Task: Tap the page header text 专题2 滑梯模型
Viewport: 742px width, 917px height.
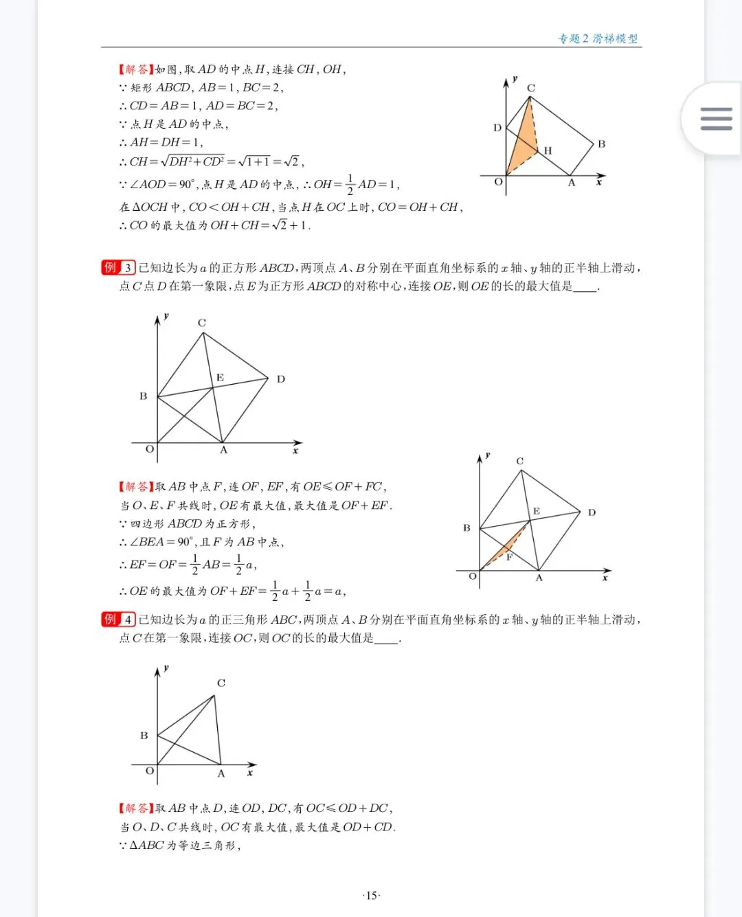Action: tap(598, 38)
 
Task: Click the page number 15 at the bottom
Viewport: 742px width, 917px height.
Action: tap(371, 895)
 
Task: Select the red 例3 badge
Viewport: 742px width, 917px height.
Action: tap(118, 267)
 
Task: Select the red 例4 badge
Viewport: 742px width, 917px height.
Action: tap(118, 619)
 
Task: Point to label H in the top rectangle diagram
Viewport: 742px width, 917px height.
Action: tap(548, 150)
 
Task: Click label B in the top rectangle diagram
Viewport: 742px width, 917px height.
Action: tap(601, 144)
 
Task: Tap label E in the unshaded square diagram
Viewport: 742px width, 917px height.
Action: tap(220, 377)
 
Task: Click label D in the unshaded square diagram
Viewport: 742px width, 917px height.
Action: tap(280, 378)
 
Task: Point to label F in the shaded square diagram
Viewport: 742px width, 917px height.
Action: tap(509, 557)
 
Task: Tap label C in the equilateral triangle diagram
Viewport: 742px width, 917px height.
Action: tap(221, 683)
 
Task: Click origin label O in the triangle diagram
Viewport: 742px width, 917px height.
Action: tap(149, 771)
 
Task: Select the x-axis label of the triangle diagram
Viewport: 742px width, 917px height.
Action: tap(250, 773)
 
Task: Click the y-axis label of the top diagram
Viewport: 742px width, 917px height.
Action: tap(515, 79)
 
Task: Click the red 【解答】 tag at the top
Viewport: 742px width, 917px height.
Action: tap(135, 69)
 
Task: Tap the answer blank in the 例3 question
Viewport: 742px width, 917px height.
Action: tap(585, 286)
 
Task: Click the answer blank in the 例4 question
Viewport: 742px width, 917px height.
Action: tap(386, 638)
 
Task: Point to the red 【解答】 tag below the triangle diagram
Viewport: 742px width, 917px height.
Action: tap(135, 808)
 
